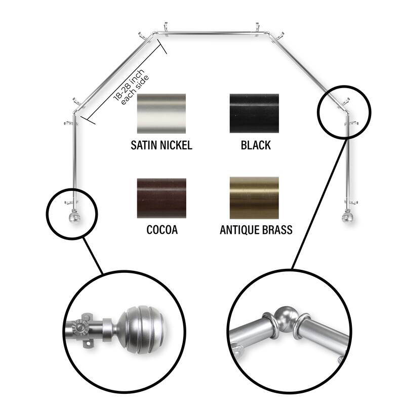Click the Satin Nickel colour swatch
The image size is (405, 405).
161,113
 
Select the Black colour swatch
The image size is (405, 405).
255,113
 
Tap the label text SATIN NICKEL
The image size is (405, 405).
161,146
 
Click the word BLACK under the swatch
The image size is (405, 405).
256,146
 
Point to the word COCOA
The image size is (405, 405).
162,230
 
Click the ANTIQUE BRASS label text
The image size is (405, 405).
256,230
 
